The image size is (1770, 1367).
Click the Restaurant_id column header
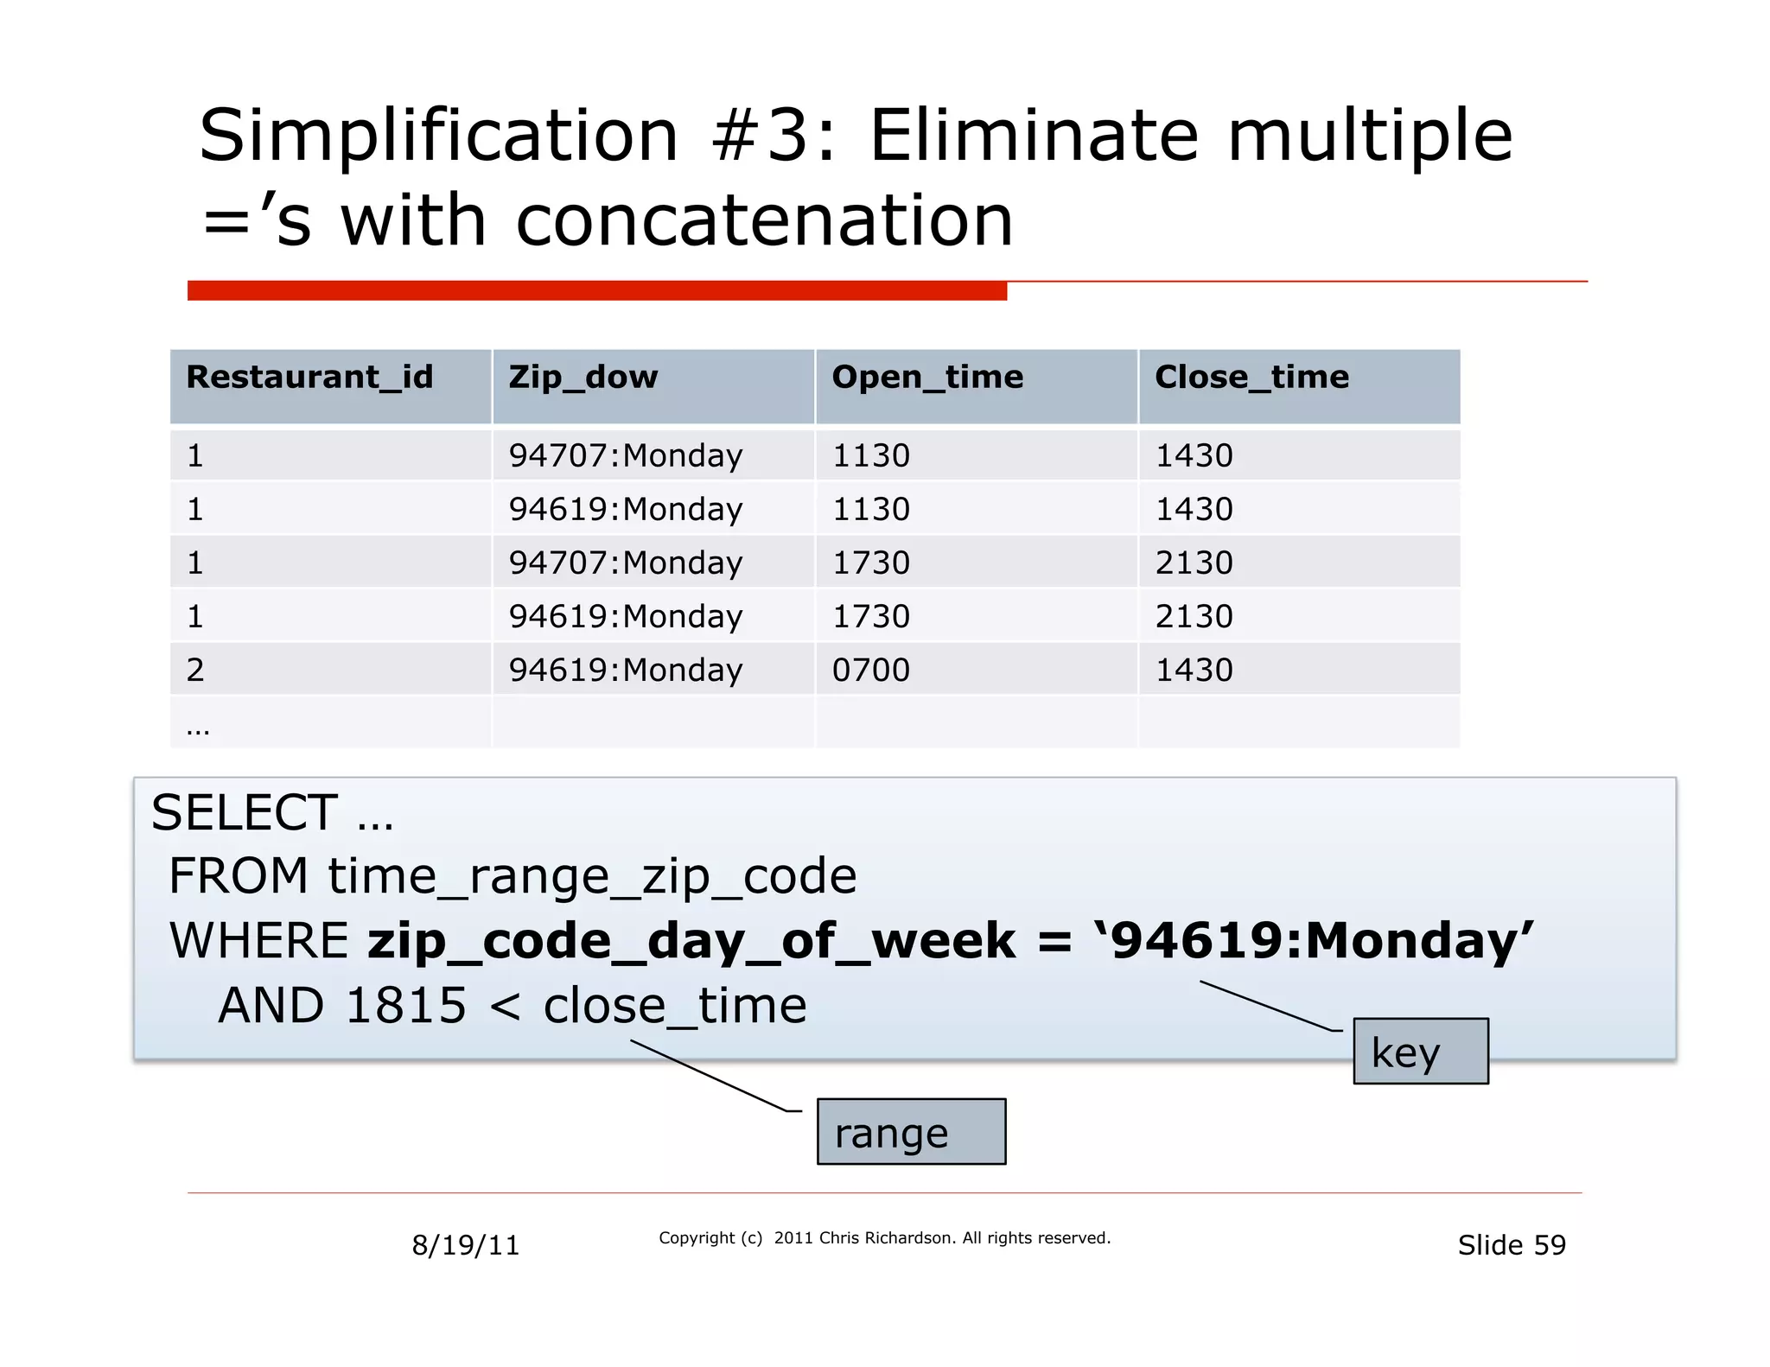[309, 378]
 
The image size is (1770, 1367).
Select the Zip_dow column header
[583, 378]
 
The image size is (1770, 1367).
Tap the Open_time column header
[927, 378]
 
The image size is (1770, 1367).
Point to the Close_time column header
[1251, 378]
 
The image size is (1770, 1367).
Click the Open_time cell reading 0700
[870, 671]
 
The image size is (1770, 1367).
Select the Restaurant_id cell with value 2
[196, 671]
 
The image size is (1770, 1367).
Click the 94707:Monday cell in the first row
[626, 456]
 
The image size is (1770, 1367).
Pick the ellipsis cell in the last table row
[198, 728]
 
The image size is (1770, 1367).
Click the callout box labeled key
[1420, 1052]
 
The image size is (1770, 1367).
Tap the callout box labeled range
[911, 1132]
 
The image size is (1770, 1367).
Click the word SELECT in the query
[245, 813]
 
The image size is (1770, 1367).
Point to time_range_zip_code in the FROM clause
[592, 876]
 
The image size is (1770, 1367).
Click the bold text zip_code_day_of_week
[691, 941]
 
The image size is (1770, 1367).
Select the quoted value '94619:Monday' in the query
[1314, 941]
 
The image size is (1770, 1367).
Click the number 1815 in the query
[405, 1006]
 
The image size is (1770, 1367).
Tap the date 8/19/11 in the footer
[466, 1245]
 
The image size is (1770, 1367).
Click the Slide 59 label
[1512, 1245]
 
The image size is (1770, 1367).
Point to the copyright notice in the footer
[884, 1238]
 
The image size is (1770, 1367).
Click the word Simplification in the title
[439, 136]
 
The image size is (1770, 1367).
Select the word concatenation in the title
[764, 221]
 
